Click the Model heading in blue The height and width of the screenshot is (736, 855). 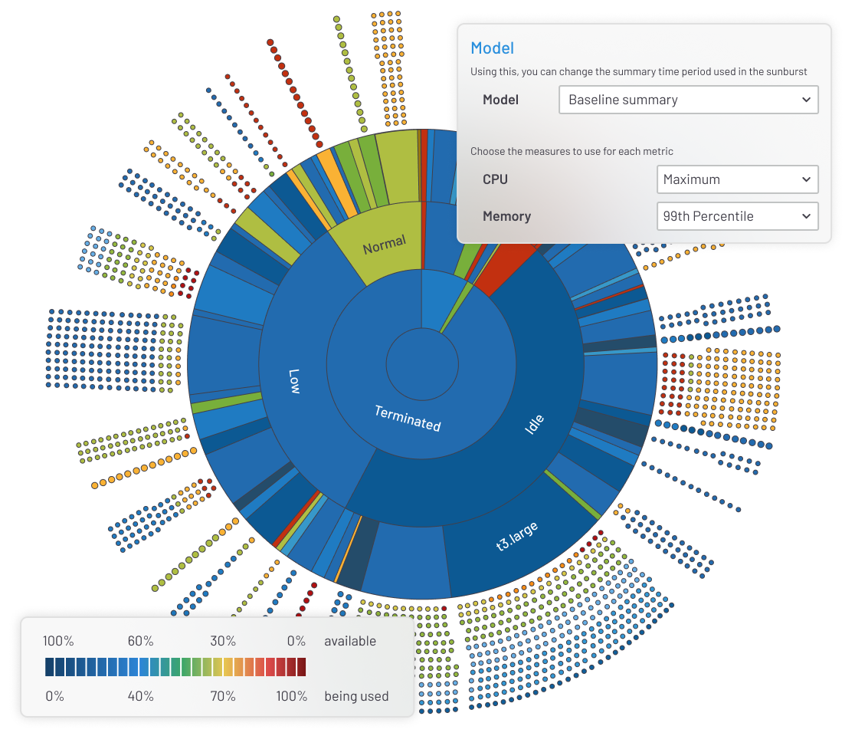[x=492, y=48]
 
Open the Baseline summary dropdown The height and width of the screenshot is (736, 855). [x=688, y=100]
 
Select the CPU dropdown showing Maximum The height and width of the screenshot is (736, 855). [x=737, y=179]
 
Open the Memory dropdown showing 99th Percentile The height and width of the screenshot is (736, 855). [x=737, y=216]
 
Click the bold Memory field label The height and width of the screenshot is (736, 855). [x=506, y=216]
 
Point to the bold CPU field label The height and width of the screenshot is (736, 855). [x=495, y=179]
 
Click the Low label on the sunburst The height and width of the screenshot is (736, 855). [x=295, y=381]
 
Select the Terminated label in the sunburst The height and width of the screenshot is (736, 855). [x=407, y=418]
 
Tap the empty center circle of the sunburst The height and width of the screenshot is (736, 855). [x=422, y=364]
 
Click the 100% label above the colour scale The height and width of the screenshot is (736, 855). [x=58, y=641]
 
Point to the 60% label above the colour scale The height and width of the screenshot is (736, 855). [x=140, y=641]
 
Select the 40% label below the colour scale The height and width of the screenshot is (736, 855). [x=140, y=696]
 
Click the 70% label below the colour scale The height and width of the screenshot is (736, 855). [x=223, y=696]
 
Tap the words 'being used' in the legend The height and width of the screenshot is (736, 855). [x=356, y=696]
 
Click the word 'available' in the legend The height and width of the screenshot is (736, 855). [x=350, y=641]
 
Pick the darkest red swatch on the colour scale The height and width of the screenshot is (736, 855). [x=301, y=666]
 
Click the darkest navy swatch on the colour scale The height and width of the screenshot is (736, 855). [x=50, y=666]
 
